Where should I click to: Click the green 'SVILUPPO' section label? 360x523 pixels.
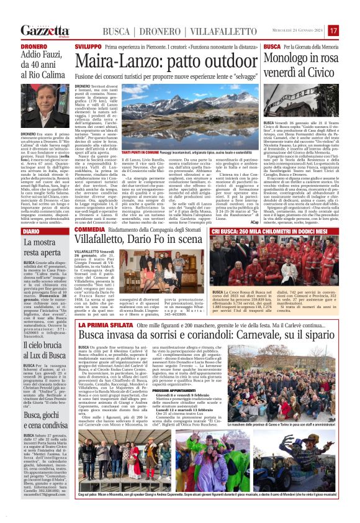(88, 47)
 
